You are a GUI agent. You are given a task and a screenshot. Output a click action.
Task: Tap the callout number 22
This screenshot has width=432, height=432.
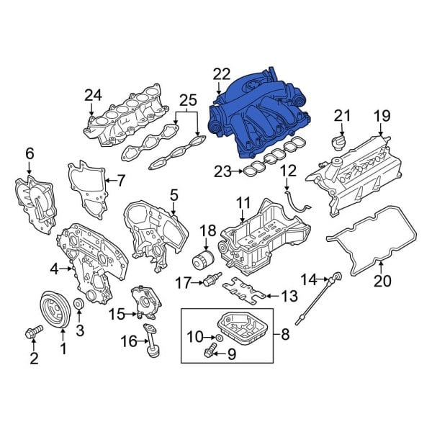click(x=222, y=74)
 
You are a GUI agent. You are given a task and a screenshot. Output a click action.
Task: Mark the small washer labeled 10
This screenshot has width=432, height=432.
click(x=218, y=336)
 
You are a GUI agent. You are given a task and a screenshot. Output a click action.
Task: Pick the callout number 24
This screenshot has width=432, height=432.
click(x=93, y=95)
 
